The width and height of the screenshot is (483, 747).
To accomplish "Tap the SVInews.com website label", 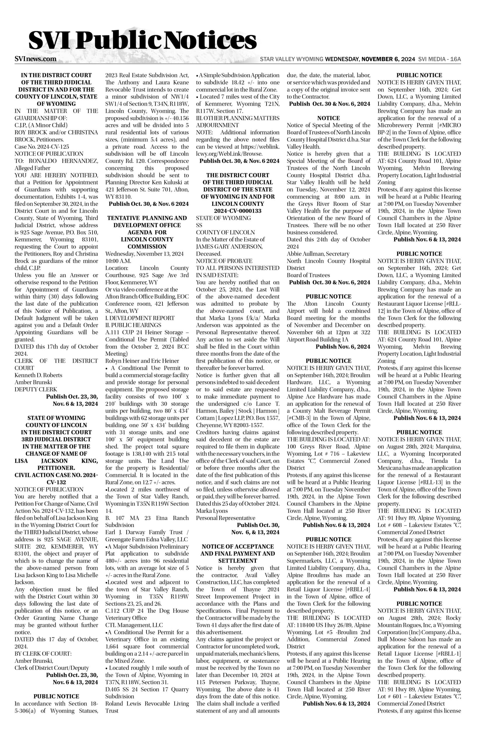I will [36, 59].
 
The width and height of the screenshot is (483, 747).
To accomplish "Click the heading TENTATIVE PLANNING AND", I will [147, 218].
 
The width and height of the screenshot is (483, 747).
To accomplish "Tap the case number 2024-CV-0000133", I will [238, 211].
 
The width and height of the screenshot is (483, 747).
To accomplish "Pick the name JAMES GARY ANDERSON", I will [229, 247].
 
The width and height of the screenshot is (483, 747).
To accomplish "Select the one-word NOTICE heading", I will [328, 118].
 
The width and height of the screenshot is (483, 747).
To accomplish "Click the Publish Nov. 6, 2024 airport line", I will [343, 347].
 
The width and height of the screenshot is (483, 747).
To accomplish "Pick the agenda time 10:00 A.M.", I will [118, 261].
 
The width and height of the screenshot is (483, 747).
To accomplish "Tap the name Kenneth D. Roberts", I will [38, 375].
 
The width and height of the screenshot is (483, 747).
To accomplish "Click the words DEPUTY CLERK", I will [32, 389].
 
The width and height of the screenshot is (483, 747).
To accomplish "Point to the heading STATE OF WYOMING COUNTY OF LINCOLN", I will [56, 422].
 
